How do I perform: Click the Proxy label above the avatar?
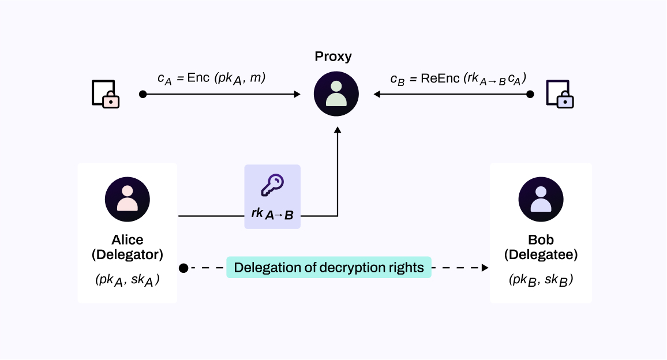333,57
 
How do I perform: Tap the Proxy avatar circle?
336,93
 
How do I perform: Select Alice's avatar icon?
127,200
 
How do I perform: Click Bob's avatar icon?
541,200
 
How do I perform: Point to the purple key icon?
272,186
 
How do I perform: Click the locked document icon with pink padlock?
106,94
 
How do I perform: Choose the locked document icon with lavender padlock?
560,94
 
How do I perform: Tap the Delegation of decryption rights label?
329,268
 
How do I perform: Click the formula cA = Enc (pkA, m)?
211,78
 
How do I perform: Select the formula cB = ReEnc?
458,79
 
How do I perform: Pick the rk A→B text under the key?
272,214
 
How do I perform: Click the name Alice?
127,239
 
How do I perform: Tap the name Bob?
541,239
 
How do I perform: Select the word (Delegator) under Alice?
127,254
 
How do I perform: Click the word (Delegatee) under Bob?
541,254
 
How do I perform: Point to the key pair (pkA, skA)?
127,280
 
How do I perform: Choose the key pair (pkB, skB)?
541,280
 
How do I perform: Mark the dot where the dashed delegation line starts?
183,268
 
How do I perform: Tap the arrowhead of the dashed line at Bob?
485,268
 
